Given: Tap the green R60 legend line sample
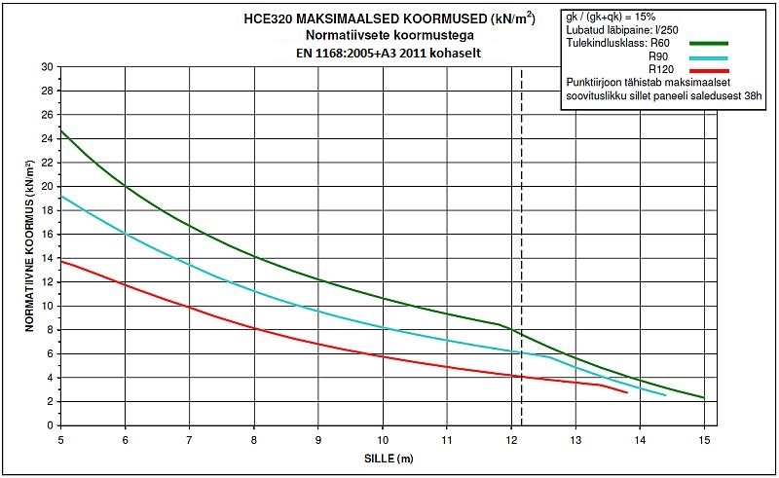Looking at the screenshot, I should click(x=708, y=43).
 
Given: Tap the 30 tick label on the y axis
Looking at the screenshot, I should click(x=45, y=67).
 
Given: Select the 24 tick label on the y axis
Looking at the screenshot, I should click(x=45, y=138).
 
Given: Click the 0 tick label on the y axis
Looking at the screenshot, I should click(x=48, y=425).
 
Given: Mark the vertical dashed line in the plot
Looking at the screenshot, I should click(x=522, y=243).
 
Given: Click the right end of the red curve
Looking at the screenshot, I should click(x=627, y=392).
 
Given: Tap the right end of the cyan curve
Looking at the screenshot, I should click(x=666, y=395).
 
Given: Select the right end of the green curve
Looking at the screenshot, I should click(x=704, y=398).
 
